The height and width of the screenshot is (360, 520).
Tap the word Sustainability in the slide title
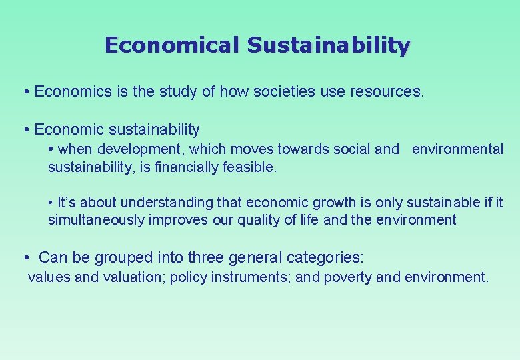click(329, 45)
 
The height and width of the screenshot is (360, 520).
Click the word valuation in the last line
click(133, 277)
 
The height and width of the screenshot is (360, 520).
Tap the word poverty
click(348, 277)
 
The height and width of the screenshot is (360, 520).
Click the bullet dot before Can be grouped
click(25, 257)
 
